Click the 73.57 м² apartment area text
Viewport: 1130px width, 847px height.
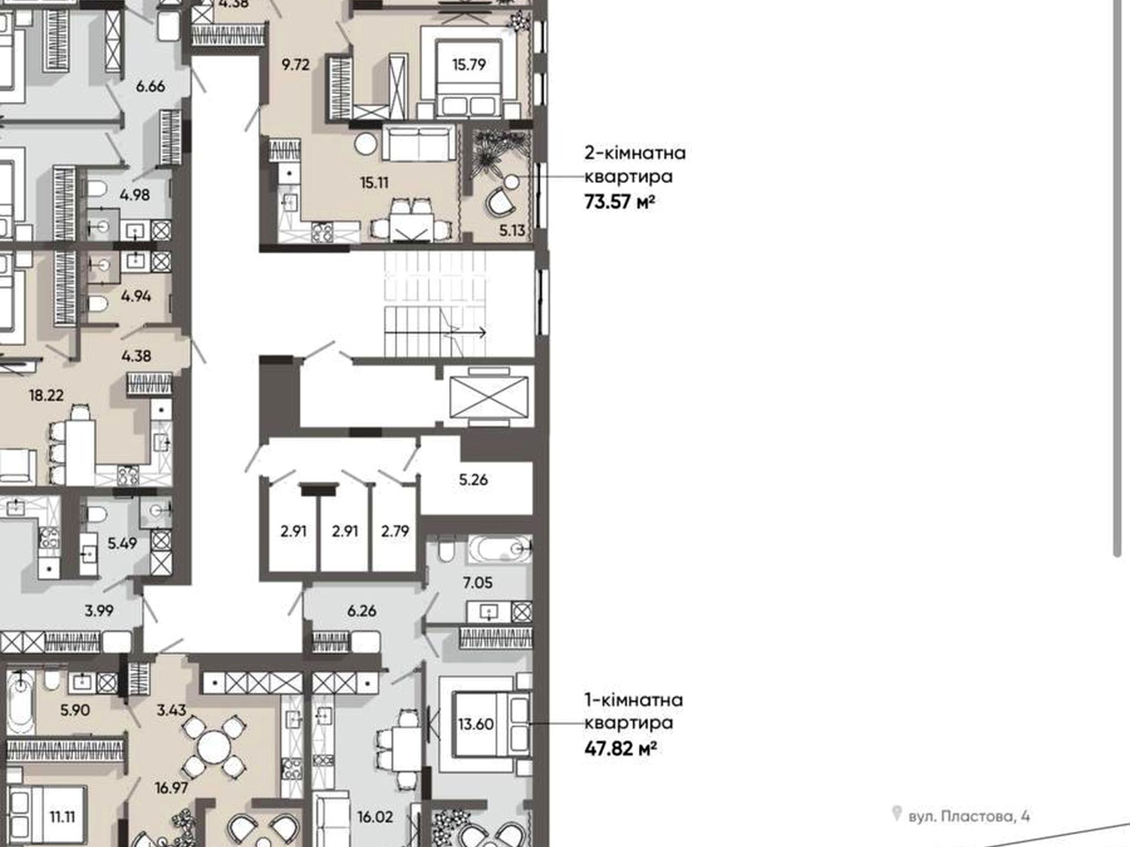620,202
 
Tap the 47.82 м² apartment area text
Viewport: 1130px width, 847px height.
620,749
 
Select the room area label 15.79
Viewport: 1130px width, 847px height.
469,64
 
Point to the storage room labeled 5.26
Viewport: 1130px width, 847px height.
473,479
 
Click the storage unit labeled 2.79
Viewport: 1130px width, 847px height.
395,531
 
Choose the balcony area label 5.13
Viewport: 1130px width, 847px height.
512,231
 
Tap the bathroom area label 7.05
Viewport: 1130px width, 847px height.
477,582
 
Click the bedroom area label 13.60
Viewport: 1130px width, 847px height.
476,723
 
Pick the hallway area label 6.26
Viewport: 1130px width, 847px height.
361,611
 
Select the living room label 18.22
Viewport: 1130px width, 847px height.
46,395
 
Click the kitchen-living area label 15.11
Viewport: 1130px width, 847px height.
374,183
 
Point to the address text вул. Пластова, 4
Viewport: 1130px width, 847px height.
969,816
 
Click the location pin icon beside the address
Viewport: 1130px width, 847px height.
896,813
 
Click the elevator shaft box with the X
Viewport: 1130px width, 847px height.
488,398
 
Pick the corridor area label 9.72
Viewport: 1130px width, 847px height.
295,64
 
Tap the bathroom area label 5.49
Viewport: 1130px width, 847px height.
122,543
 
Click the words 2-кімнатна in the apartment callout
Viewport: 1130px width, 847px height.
635,153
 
